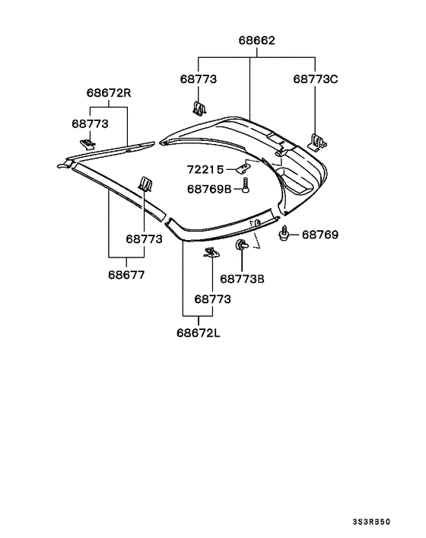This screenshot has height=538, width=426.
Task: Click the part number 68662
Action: coord(256,40)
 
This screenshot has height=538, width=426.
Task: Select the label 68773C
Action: coord(316,79)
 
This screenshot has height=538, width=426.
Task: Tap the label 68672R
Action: coord(109,93)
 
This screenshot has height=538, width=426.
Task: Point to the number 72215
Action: coord(205,169)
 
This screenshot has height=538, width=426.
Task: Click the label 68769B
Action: coord(209,189)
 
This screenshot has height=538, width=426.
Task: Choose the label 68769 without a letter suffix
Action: coord(319,235)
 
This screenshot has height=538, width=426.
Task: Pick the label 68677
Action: coord(126,275)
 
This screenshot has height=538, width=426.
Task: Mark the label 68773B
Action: coord(242,279)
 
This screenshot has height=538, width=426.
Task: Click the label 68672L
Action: coord(199,333)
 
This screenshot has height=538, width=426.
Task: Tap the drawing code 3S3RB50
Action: coord(371,522)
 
